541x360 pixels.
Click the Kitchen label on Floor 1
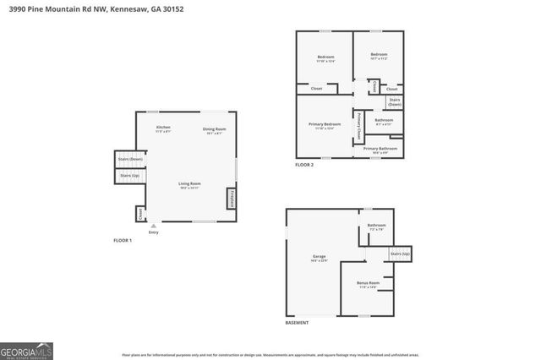pos(163,128)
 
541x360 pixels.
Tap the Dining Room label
pos(214,130)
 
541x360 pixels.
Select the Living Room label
pos(189,185)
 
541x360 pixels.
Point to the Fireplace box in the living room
pos(231,199)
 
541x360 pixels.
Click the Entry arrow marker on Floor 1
pos(153,226)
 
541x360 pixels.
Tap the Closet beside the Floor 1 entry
pos(139,214)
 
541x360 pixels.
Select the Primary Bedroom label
pos(325,126)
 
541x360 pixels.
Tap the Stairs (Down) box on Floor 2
pos(394,101)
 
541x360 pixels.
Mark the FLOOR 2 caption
pos(304,165)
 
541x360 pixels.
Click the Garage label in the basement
pos(319,258)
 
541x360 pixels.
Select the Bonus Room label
pos(369,285)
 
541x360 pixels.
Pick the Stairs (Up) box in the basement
pos(400,254)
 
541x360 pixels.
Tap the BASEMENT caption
pos(297,323)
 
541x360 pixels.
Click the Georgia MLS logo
pos(26,350)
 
